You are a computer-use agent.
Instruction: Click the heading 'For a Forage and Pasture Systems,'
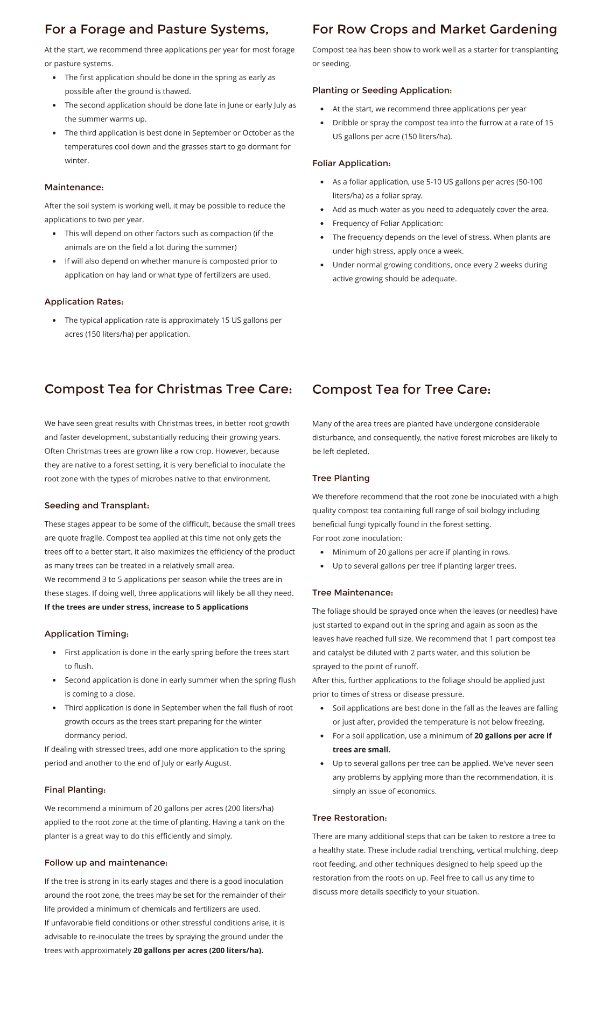(x=156, y=30)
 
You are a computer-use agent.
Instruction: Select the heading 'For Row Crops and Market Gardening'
(x=434, y=30)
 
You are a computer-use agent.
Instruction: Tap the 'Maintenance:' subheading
(x=74, y=187)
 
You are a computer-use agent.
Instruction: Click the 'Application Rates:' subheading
(x=84, y=302)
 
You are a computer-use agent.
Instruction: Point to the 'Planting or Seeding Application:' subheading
(x=382, y=90)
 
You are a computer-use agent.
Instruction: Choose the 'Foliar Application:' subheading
(x=351, y=164)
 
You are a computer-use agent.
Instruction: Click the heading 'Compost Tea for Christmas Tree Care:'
(x=168, y=389)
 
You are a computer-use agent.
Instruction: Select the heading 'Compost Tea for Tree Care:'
(x=401, y=389)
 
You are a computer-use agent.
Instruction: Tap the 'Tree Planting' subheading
(x=341, y=478)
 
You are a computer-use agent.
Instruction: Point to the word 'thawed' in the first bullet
(x=177, y=91)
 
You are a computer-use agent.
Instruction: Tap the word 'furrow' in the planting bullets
(x=473, y=123)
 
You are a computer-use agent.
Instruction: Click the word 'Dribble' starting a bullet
(x=346, y=123)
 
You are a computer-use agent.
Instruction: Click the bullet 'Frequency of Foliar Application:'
(x=388, y=223)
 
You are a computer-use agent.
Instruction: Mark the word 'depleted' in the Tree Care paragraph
(x=353, y=452)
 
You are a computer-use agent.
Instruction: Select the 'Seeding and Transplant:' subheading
(x=97, y=506)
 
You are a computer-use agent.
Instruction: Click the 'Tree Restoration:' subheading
(x=349, y=818)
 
